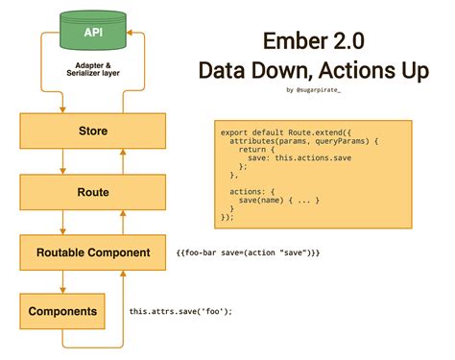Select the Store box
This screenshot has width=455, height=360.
click(x=79, y=131)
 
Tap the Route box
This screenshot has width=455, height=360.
click(x=79, y=192)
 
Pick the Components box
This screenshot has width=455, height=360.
click(x=62, y=311)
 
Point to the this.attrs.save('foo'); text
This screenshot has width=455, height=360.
click(x=181, y=312)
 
